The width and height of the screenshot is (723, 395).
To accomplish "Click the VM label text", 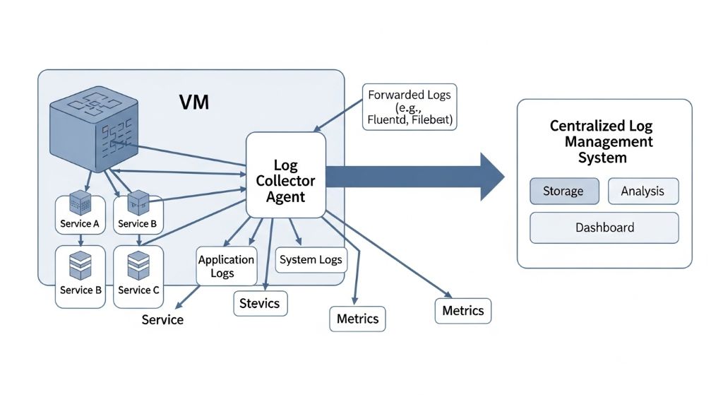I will pyautogui.click(x=193, y=102).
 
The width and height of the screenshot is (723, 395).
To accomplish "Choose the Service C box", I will pyautogui.click(x=138, y=276).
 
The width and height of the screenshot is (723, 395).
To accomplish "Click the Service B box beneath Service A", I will pyautogui.click(x=80, y=276).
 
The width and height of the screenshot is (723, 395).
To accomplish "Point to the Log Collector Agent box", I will pyautogui.click(x=285, y=175).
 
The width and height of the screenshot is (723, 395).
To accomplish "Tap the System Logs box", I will pyautogui.click(x=311, y=260).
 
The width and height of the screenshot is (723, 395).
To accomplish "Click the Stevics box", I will pyautogui.click(x=260, y=304).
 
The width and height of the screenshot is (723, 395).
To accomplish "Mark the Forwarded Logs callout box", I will pyautogui.click(x=409, y=107).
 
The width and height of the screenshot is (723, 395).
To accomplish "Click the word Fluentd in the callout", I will pyautogui.click(x=386, y=119).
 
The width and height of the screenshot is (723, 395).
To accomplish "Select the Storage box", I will pyautogui.click(x=563, y=191).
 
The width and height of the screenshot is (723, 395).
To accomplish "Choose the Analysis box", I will pyautogui.click(x=643, y=191).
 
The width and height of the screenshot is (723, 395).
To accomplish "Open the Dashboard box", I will pyautogui.click(x=604, y=228).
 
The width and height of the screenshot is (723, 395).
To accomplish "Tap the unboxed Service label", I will pyautogui.click(x=162, y=320).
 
